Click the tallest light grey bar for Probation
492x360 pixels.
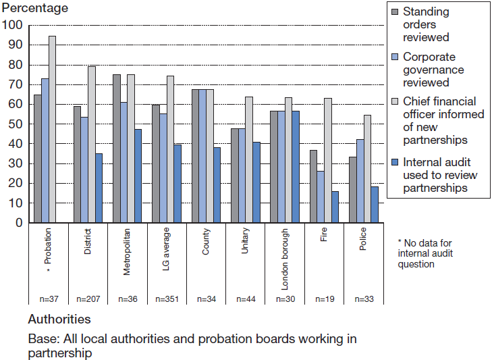(x=52, y=129)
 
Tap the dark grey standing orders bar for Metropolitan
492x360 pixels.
(x=117, y=148)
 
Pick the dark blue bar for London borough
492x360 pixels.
(x=295, y=166)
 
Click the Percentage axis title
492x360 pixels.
(x=34, y=9)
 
